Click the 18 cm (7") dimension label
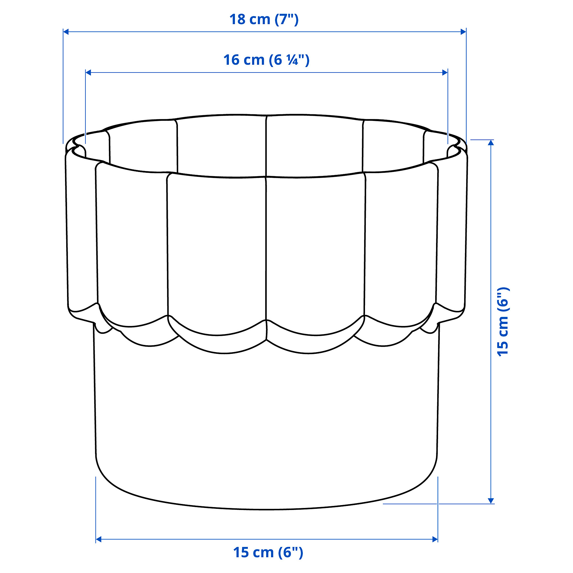264,19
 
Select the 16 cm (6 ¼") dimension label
266,60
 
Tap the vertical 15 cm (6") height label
503,322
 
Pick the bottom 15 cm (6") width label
268,552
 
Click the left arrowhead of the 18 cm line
66,32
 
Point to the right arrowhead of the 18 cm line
463,32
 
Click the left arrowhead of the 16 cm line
88,72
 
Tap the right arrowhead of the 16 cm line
445,72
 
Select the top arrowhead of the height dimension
491,143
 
